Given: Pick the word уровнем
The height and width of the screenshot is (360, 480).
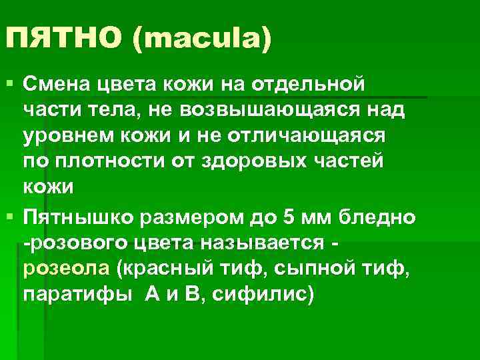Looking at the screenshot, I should coord(63,136).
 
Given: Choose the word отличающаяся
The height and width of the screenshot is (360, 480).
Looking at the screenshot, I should coord(320,136).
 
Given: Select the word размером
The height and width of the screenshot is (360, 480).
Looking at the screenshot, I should coord(185,217).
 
